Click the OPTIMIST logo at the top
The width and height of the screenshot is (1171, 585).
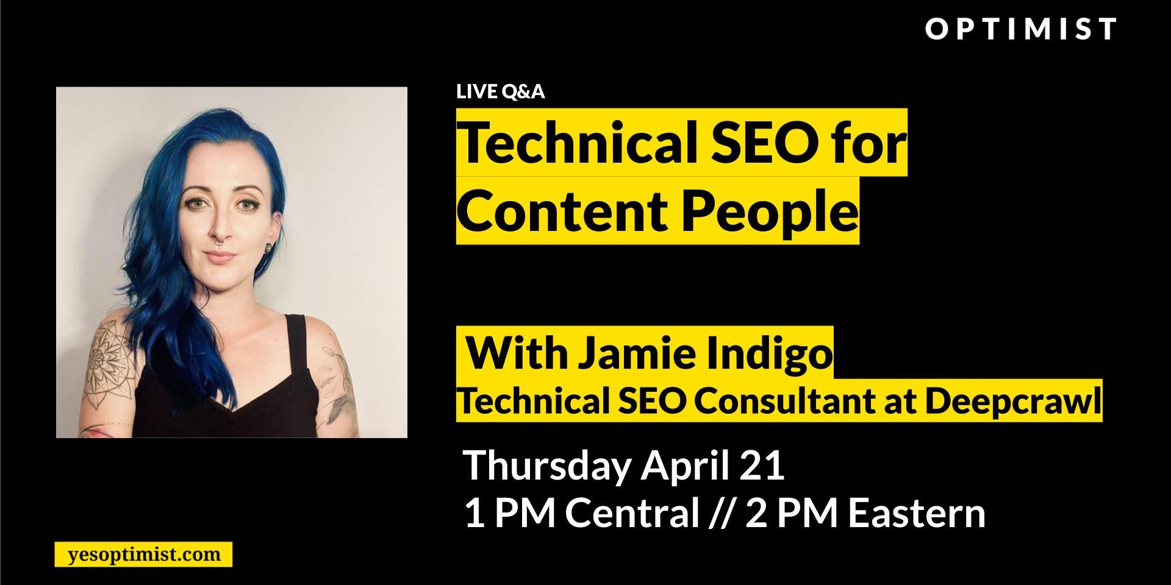pos(1020,29)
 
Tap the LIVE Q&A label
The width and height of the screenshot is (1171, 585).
pos(500,92)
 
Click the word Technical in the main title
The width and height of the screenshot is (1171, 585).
pos(577,144)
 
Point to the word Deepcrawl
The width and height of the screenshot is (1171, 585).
pos(1013,400)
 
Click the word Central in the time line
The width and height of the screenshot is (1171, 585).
pos(632,513)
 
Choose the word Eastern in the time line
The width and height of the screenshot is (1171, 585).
pos(917,513)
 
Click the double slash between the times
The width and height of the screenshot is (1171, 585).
pos(722,513)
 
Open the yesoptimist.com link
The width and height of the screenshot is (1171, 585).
pos(144,555)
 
